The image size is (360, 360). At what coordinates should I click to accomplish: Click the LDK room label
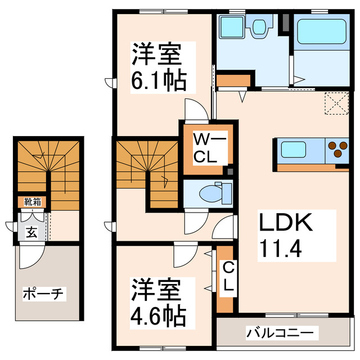click(285, 223)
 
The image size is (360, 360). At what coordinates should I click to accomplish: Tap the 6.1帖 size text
click(159, 82)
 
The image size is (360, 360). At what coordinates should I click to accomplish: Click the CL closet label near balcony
click(227, 277)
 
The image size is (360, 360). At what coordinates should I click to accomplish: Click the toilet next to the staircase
click(217, 193)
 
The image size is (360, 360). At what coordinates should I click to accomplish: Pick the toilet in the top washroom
click(260, 27)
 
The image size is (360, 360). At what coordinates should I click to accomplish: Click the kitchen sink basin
click(294, 150)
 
